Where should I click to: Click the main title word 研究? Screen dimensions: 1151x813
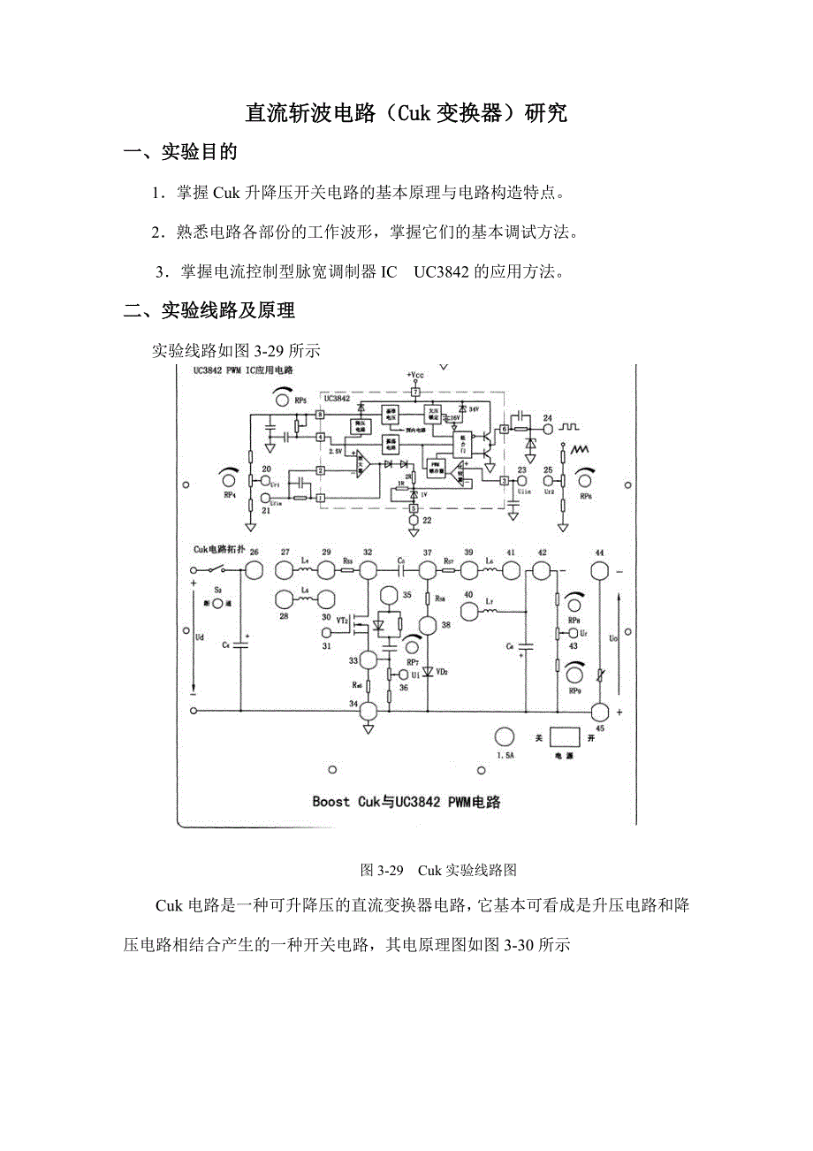[x=545, y=114]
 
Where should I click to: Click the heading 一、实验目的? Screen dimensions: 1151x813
[x=181, y=152]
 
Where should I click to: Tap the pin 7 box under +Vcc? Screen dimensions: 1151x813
[x=415, y=391]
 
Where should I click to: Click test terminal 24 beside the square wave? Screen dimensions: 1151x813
[x=548, y=430]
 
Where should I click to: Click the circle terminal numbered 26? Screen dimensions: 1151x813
[x=254, y=571]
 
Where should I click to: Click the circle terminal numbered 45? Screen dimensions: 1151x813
[x=600, y=712]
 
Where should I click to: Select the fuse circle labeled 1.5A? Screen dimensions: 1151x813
[x=505, y=738]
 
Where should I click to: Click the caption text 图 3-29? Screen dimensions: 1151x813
[x=382, y=871]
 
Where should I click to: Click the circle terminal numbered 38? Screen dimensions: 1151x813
[x=428, y=625]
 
